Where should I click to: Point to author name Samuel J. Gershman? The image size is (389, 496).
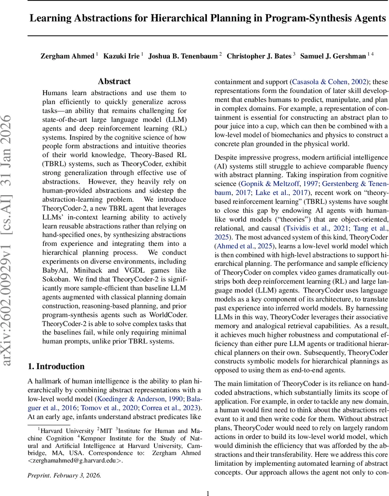point(333,56)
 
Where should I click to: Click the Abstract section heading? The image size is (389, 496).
point(114,81)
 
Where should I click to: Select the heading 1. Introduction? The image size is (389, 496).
point(56,366)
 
